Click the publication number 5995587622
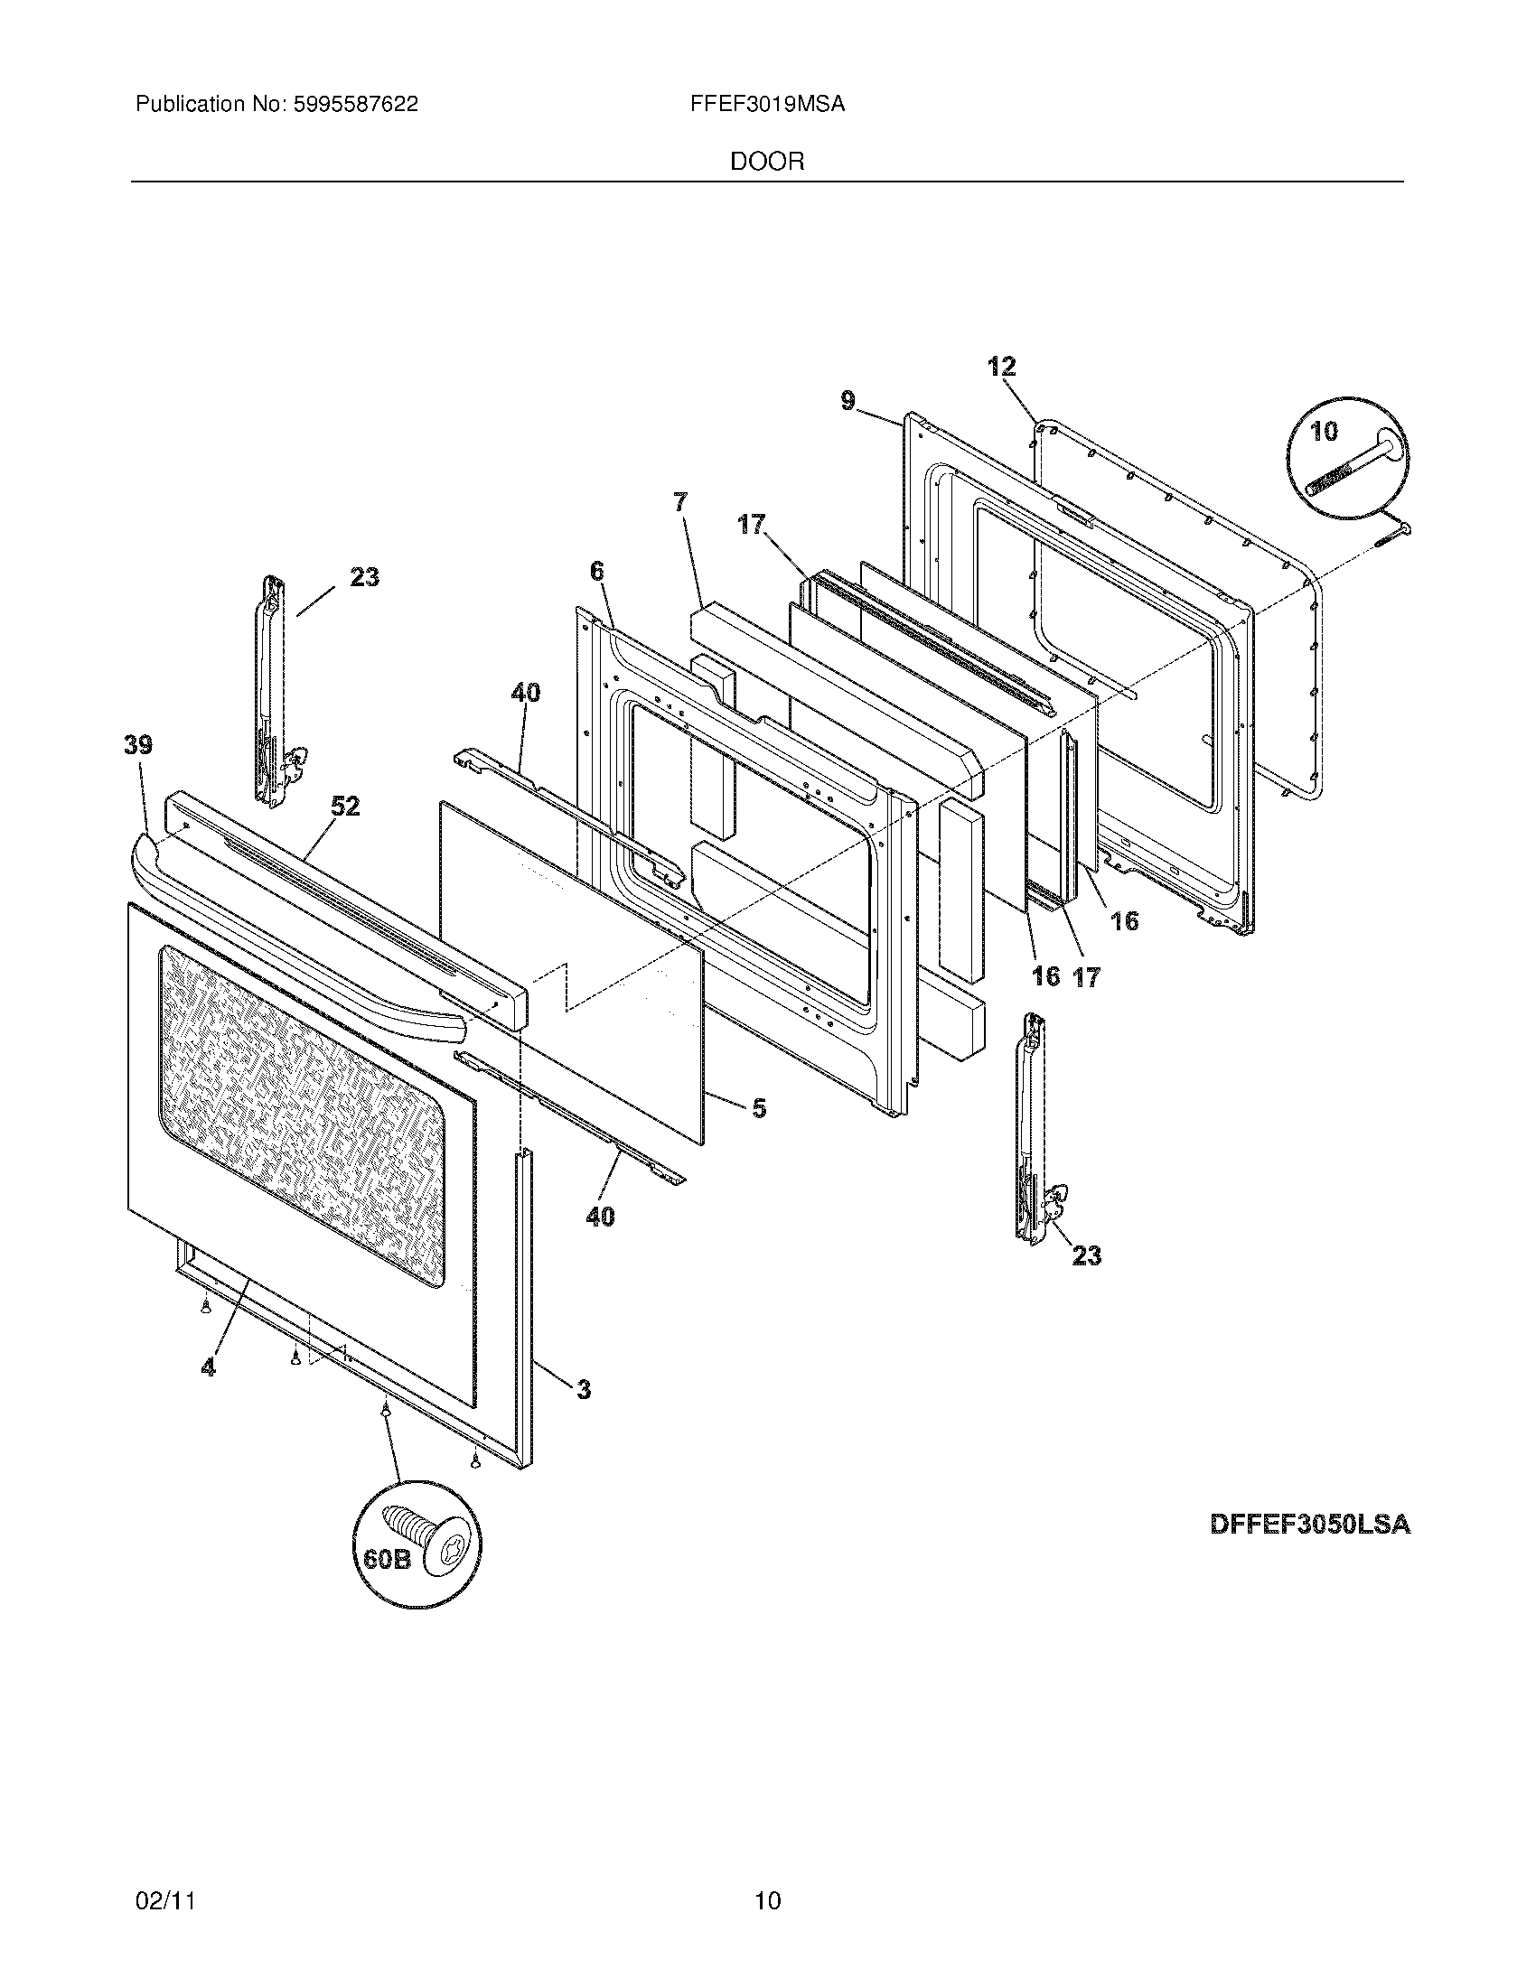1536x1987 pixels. pos(356,105)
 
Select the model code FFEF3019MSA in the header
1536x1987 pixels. pos(767,105)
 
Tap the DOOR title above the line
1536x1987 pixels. pos(767,162)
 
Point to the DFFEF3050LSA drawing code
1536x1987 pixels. pos(1310,1525)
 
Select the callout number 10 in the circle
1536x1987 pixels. pos(1324,431)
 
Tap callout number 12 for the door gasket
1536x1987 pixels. pos(1002,367)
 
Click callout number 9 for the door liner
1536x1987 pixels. pos(848,400)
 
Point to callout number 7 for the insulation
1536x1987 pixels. pos(680,501)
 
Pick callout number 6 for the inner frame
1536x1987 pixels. pos(596,572)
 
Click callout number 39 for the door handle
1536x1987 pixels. pos(138,745)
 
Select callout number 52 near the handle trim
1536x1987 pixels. pos(346,806)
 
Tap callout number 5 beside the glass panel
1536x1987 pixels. pos(758,1108)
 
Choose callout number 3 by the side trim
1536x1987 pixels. pos(584,1389)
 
